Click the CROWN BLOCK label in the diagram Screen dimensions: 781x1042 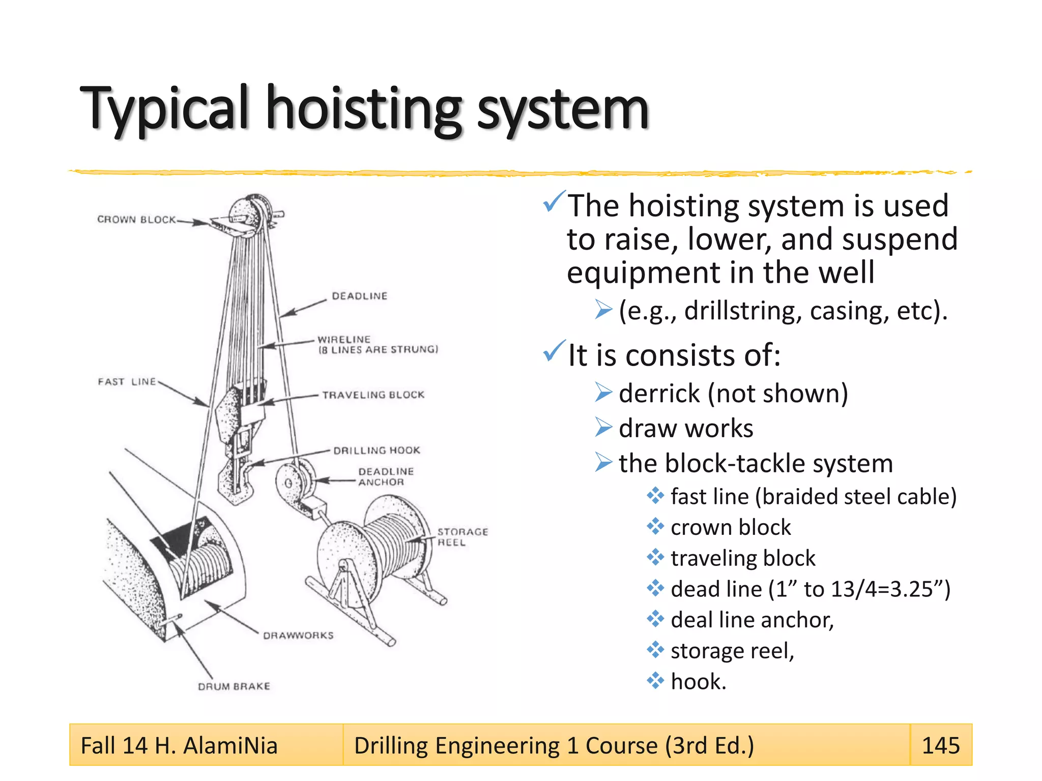click(136, 220)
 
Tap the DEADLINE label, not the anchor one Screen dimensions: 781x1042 click(359, 296)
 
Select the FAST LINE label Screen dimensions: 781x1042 click(127, 382)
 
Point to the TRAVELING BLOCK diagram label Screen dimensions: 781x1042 click(373, 395)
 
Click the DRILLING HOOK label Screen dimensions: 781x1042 click(377, 450)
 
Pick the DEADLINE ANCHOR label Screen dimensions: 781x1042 click(385, 477)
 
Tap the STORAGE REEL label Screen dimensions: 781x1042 click(462, 537)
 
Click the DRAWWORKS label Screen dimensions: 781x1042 click(298, 636)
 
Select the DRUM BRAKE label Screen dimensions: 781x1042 click(234, 686)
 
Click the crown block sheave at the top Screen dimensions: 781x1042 click(249, 214)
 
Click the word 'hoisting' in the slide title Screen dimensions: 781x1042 click(364, 109)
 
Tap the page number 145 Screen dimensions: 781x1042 click(941, 745)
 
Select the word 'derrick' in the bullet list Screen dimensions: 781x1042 click(659, 394)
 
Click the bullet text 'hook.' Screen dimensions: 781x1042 click(698, 681)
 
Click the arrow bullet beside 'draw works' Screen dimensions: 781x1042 click(604, 428)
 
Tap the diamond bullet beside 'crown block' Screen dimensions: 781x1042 click(655, 527)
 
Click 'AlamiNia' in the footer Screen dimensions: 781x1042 click(230, 746)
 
